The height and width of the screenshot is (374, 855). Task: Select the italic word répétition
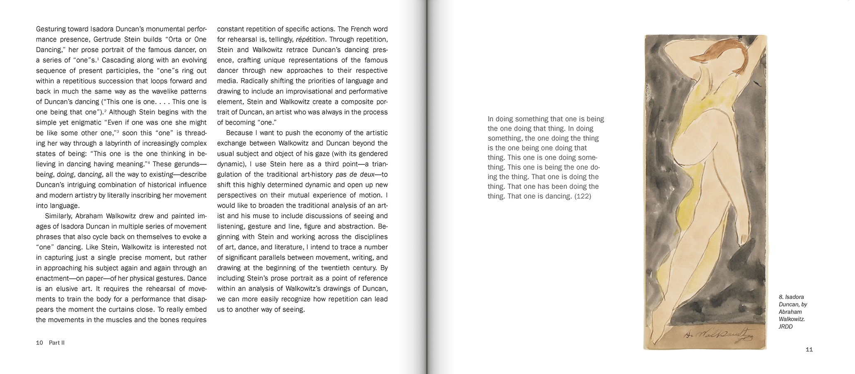coord(311,40)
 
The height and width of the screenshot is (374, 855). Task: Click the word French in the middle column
coord(362,29)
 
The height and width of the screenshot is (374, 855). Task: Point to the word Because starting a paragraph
coord(240,133)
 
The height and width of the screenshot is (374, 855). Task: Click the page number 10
coord(40,343)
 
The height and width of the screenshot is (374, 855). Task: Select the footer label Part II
coord(57,343)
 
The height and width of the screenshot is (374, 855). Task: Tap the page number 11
coord(809,350)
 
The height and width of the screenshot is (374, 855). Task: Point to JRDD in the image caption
coord(786,327)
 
